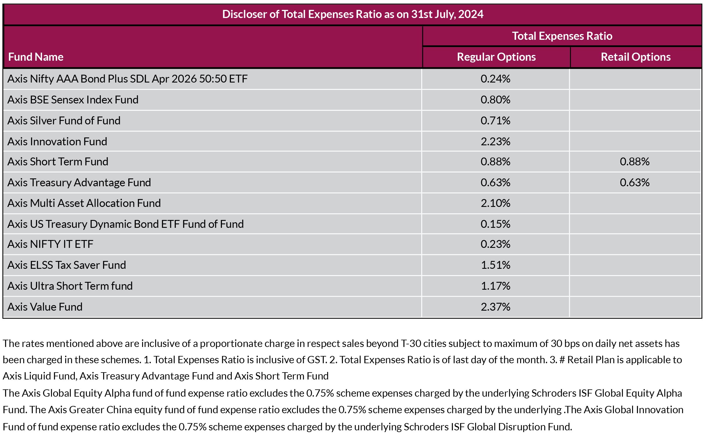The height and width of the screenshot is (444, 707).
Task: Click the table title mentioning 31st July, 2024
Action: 352,15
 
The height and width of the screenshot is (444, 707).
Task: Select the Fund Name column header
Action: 36,57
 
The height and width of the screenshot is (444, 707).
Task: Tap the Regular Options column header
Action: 496,57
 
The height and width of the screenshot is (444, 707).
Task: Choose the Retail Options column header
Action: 635,57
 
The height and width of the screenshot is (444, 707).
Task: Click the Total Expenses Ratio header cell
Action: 562,36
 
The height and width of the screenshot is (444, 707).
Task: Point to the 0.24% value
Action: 496,79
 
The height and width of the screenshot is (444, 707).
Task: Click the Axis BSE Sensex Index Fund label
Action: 73,100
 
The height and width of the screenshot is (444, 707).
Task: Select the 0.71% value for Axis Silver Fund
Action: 496,121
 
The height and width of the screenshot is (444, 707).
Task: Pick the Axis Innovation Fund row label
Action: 57,142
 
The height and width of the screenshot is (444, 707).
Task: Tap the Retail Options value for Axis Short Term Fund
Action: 634,162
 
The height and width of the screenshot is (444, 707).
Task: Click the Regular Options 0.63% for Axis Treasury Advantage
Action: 496,182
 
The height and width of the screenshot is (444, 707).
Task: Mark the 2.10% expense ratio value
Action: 496,203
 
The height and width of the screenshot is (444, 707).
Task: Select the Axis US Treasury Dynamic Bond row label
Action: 125,224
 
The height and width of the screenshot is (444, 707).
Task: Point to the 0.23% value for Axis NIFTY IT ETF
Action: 496,244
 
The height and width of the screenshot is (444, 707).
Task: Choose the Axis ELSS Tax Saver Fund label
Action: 66,265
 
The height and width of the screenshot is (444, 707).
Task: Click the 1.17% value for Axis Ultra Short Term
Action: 496,286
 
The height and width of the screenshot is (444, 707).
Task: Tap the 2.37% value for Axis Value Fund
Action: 496,307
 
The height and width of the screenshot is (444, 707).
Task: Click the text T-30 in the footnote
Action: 411,343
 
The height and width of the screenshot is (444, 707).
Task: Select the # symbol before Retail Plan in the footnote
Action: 562,360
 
